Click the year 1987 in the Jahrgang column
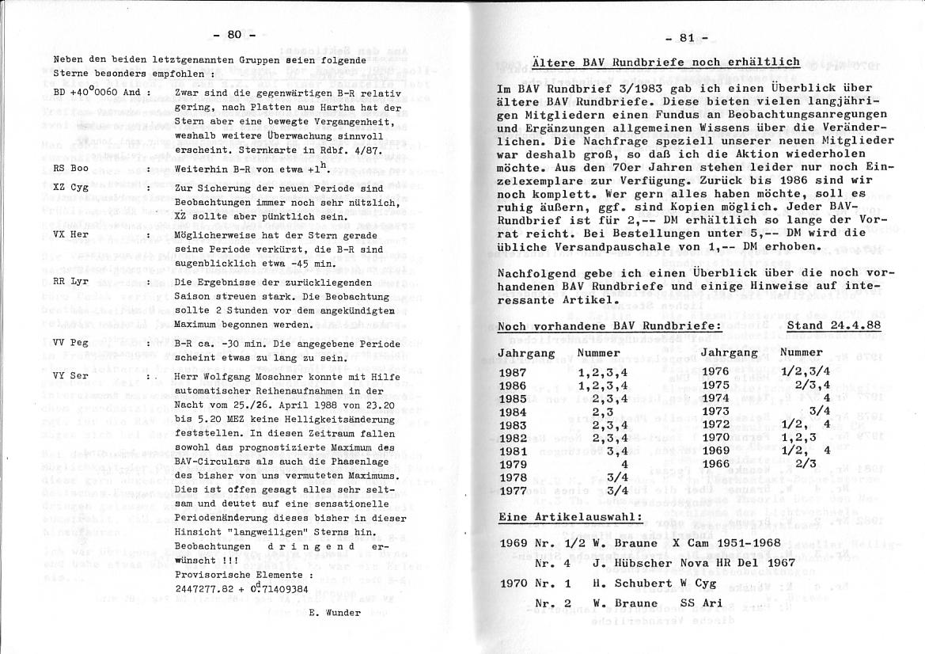pyautogui.click(x=513, y=371)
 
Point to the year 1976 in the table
pyautogui.click(x=715, y=371)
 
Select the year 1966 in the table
pyautogui.click(x=715, y=463)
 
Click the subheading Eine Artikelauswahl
pyautogui.click(x=570, y=519)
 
